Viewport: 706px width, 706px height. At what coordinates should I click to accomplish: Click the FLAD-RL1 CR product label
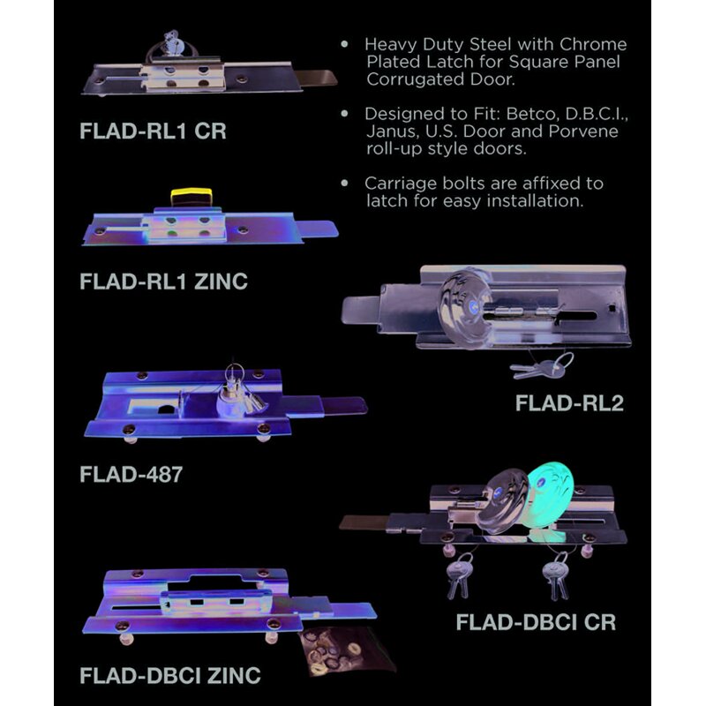153,131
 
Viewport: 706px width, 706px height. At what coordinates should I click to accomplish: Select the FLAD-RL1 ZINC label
163,282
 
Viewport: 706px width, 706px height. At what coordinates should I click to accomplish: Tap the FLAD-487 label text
131,474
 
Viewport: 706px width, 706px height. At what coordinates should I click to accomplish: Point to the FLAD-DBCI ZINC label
170,675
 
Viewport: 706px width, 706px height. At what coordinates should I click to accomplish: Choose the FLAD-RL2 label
569,403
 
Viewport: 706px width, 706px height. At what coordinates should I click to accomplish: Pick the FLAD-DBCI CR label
536,622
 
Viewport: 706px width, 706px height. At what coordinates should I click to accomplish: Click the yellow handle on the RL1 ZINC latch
192,196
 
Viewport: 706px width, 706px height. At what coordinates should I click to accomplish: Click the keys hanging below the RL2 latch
542,365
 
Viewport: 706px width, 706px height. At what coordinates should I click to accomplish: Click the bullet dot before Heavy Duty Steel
345,44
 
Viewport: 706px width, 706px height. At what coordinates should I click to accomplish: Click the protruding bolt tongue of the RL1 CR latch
319,78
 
